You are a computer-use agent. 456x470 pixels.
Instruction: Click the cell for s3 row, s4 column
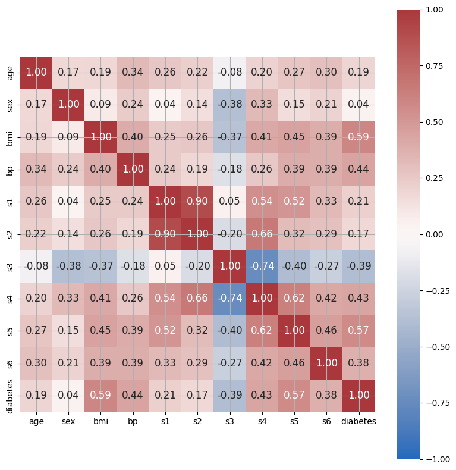pos(262,266)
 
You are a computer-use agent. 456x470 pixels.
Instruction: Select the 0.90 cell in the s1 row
pos(197,202)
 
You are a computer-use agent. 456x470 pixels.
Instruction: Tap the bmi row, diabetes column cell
pos(358,137)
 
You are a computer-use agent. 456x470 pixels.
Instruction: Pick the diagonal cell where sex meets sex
pos(68,105)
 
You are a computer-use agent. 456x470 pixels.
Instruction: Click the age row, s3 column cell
pos(229,73)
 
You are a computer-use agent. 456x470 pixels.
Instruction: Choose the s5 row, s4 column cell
pos(262,331)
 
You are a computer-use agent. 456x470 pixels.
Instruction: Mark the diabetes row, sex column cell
pos(68,395)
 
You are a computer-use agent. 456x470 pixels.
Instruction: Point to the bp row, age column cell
pos(36,170)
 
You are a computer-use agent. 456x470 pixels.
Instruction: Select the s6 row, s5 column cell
pos(294,363)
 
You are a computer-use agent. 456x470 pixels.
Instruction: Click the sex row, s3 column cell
pos(229,105)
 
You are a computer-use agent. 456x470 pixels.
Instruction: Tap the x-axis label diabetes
pos(358,421)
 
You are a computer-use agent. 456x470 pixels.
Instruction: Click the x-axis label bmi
pos(100,421)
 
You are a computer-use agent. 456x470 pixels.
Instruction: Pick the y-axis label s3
pos(10,266)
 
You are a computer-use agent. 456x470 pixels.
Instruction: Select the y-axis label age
pos(10,73)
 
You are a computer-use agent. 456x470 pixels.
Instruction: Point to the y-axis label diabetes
pos(10,395)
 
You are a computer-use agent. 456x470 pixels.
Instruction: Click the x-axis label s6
pos(326,421)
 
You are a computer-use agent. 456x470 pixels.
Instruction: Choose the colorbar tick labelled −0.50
pos(435,347)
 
